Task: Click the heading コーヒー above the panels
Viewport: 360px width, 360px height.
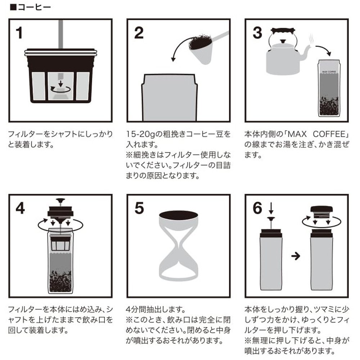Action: pos(34,7)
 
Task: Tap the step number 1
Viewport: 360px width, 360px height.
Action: pos(19,33)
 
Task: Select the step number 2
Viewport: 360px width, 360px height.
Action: pos(139,33)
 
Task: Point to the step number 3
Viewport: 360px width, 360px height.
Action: pos(257,33)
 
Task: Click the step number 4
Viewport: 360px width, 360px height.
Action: pos(20,208)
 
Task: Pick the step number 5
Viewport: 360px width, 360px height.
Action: pos(139,208)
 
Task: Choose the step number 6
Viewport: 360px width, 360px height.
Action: pos(257,208)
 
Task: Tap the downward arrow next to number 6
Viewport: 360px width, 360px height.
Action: pos(271,208)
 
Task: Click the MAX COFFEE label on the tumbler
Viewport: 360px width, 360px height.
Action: pos(329,72)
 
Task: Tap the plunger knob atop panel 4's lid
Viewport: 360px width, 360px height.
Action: pos(60,201)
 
